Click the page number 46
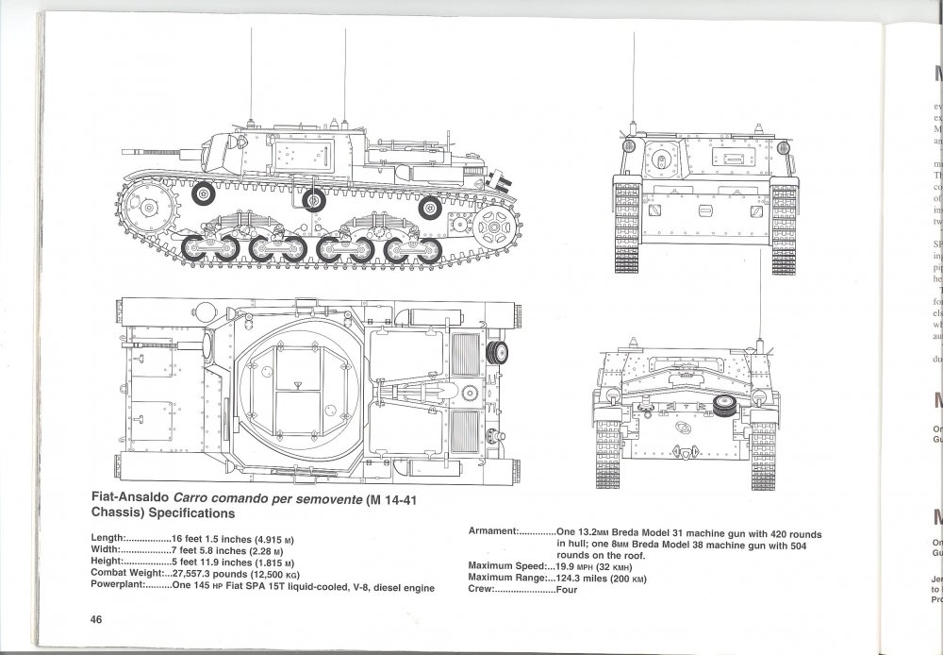[96, 619]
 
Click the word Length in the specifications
[108, 537]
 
